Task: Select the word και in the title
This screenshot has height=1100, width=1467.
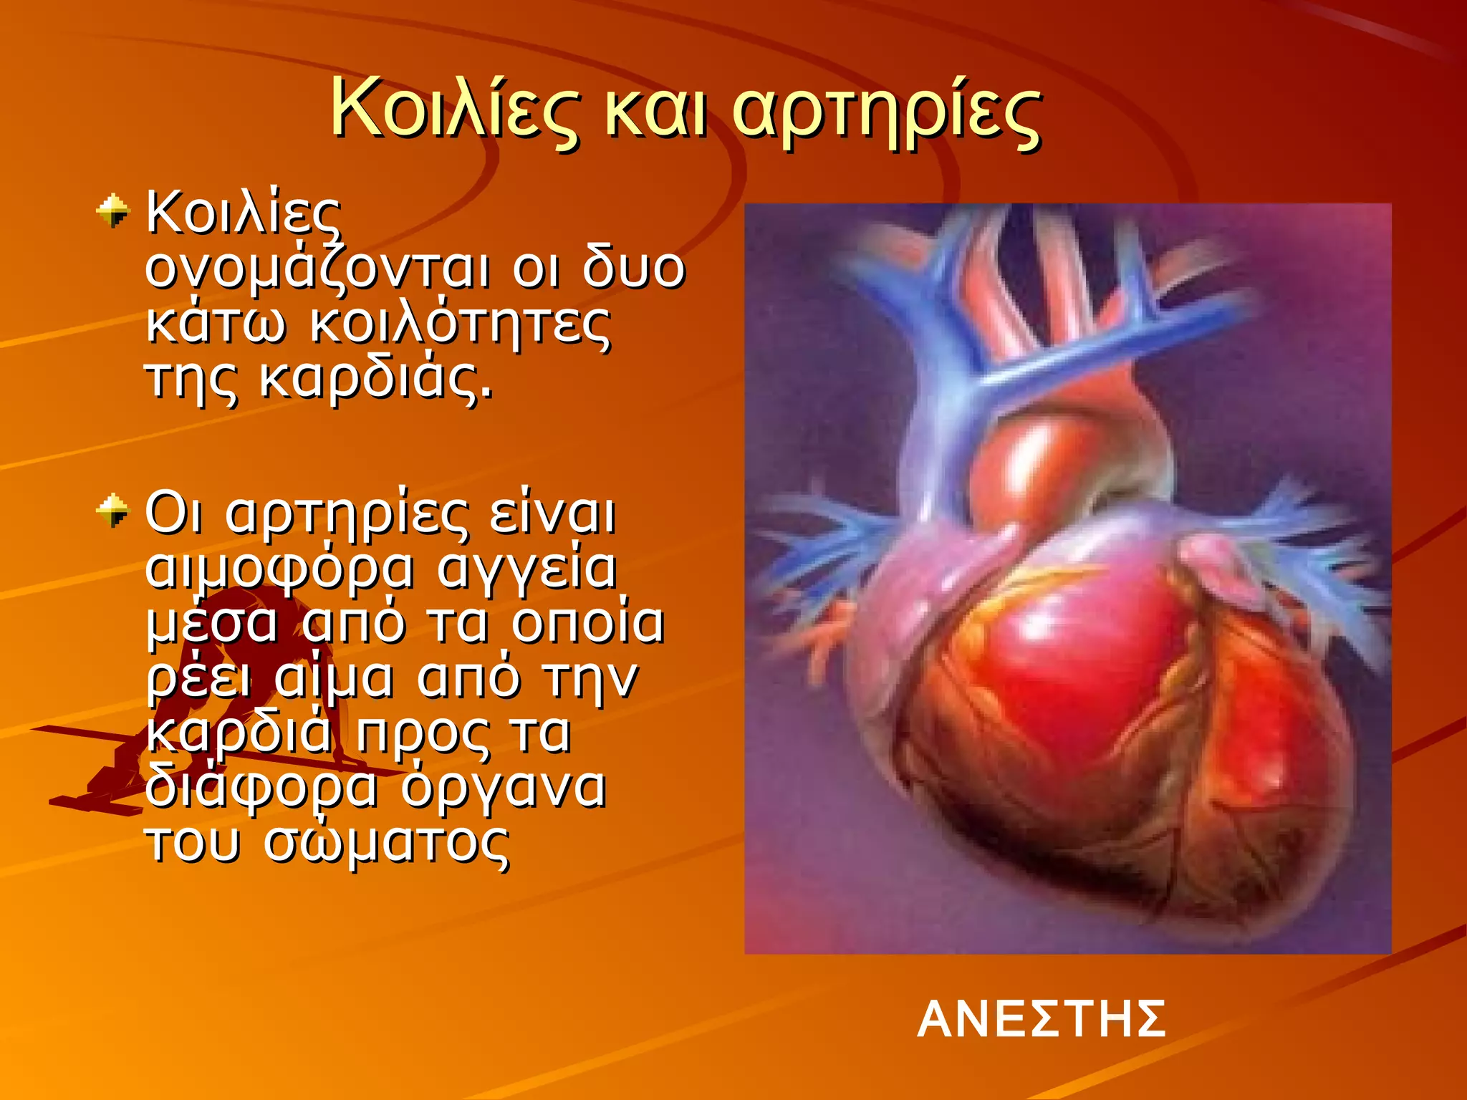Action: [x=656, y=113]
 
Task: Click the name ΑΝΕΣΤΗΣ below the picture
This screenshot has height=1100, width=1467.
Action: [x=1042, y=1019]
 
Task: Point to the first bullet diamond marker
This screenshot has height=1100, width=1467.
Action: [x=112, y=211]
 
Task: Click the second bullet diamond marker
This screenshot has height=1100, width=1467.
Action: [x=112, y=511]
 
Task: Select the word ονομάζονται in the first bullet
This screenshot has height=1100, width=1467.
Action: [x=318, y=271]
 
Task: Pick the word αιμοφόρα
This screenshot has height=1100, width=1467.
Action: [x=279, y=569]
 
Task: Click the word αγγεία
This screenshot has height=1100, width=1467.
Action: [x=526, y=569]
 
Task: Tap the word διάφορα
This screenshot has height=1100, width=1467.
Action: [x=261, y=788]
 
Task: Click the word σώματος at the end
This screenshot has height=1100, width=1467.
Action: [x=387, y=842]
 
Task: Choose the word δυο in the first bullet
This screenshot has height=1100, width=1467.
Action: [x=633, y=269]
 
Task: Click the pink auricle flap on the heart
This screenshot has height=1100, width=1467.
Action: [x=1218, y=566]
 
